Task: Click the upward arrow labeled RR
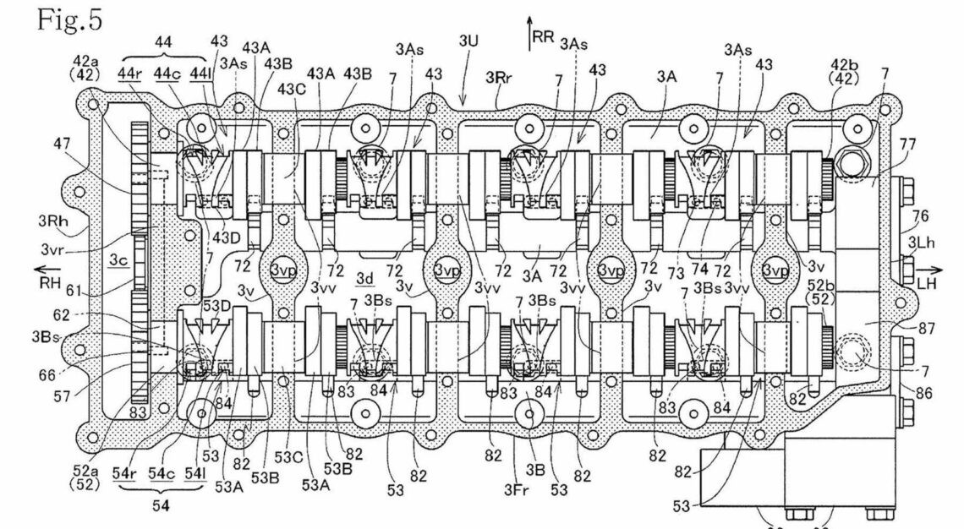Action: click(531, 29)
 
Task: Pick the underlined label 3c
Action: click(118, 262)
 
